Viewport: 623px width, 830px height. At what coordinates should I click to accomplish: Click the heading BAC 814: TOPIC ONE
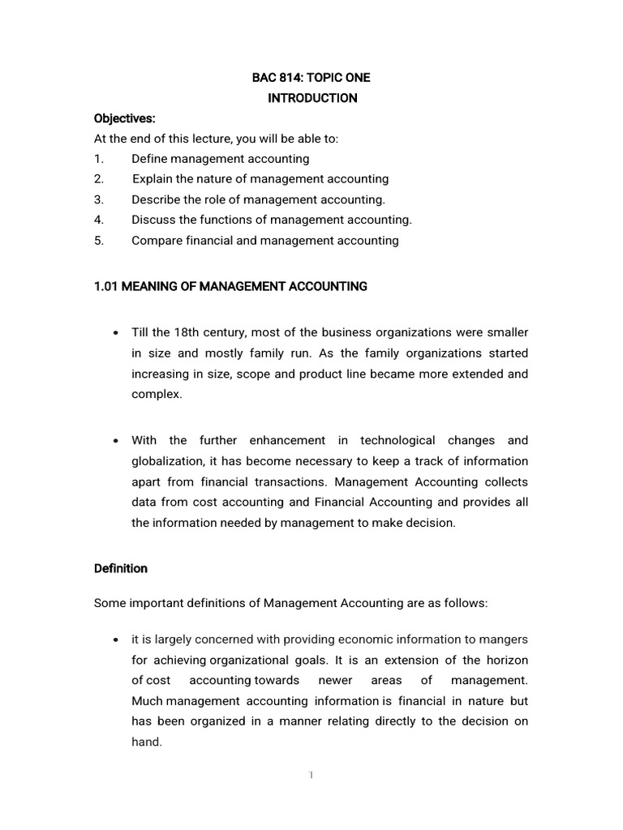point(312,78)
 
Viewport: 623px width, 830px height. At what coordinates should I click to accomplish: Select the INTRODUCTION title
point(312,98)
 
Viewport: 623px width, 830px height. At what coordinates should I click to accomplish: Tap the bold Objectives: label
point(124,118)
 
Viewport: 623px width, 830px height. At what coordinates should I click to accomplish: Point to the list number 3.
point(98,199)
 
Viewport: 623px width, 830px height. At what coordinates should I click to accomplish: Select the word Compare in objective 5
point(157,240)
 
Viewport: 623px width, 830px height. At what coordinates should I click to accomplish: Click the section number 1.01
point(106,286)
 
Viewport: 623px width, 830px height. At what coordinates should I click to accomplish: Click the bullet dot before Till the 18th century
point(118,333)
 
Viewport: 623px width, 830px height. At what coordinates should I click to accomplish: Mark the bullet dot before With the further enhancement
point(118,441)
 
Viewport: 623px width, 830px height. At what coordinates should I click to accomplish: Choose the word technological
point(398,440)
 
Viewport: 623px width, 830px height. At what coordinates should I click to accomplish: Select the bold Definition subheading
point(121,568)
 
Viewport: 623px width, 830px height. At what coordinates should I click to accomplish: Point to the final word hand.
point(147,741)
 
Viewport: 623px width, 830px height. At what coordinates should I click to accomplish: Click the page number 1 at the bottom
point(311,775)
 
